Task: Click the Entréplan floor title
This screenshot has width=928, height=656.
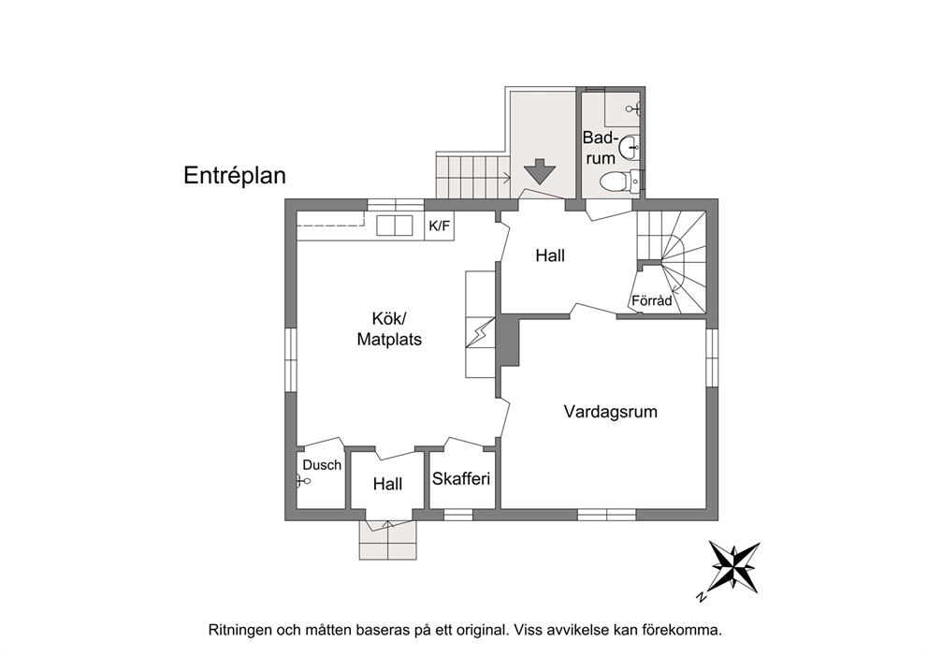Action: pos(235,175)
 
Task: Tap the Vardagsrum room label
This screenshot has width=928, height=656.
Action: pos(610,412)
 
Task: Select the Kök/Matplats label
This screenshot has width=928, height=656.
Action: pos(389,328)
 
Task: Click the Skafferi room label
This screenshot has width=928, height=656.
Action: pos(461,478)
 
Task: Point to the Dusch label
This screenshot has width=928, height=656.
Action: pos(322,465)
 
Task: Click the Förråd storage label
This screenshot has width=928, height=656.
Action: pos(652,300)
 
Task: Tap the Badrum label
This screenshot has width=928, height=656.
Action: pos(601,148)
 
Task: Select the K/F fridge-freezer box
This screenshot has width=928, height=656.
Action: pos(439,226)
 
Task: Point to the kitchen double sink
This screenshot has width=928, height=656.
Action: pos(395,226)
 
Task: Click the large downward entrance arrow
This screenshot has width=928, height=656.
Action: pos(539,171)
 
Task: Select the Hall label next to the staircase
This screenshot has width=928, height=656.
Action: pos(550,255)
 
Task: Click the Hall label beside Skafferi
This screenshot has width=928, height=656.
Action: pos(387,485)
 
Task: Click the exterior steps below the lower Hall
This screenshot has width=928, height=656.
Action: pos(387,540)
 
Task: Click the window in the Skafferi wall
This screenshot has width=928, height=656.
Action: pos(458,515)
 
